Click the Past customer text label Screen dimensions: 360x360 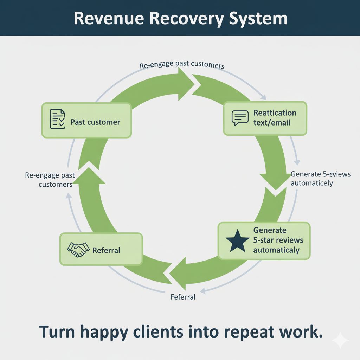tap(95, 122)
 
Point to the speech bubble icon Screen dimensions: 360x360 tap(240, 118)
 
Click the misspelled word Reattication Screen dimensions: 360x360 tap(275, 113)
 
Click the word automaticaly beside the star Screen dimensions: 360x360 tap(276, 250)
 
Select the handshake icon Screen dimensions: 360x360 tap(78, 250)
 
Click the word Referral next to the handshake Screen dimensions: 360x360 tap(106, 250)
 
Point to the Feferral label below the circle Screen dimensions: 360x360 tap(183, 297)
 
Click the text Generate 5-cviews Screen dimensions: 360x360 tap(321, 174)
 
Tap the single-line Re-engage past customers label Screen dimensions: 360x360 tap(182, 66)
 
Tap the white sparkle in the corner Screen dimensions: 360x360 tap(340, 340)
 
